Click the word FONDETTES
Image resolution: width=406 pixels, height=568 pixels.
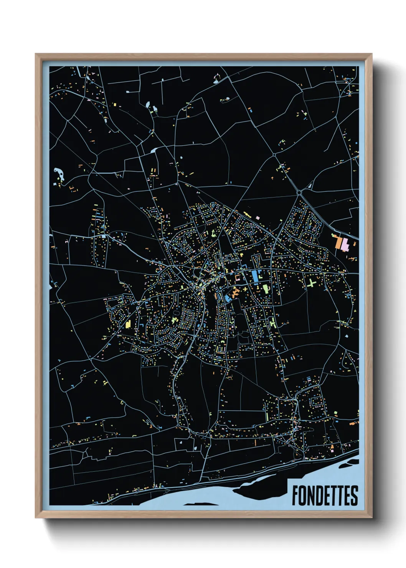(x=325, y=495)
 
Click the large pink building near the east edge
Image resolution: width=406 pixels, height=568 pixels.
(x=345, y=244)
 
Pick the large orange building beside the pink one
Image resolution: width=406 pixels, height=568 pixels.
(x=338, y=243)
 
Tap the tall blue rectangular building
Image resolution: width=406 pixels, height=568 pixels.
(x=254, y=277)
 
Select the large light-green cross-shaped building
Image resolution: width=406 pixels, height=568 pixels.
(x=311, y=283)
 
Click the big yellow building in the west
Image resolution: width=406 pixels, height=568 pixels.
(x=128, y=324)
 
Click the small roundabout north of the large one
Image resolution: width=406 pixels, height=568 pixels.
(x=274, y=155)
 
